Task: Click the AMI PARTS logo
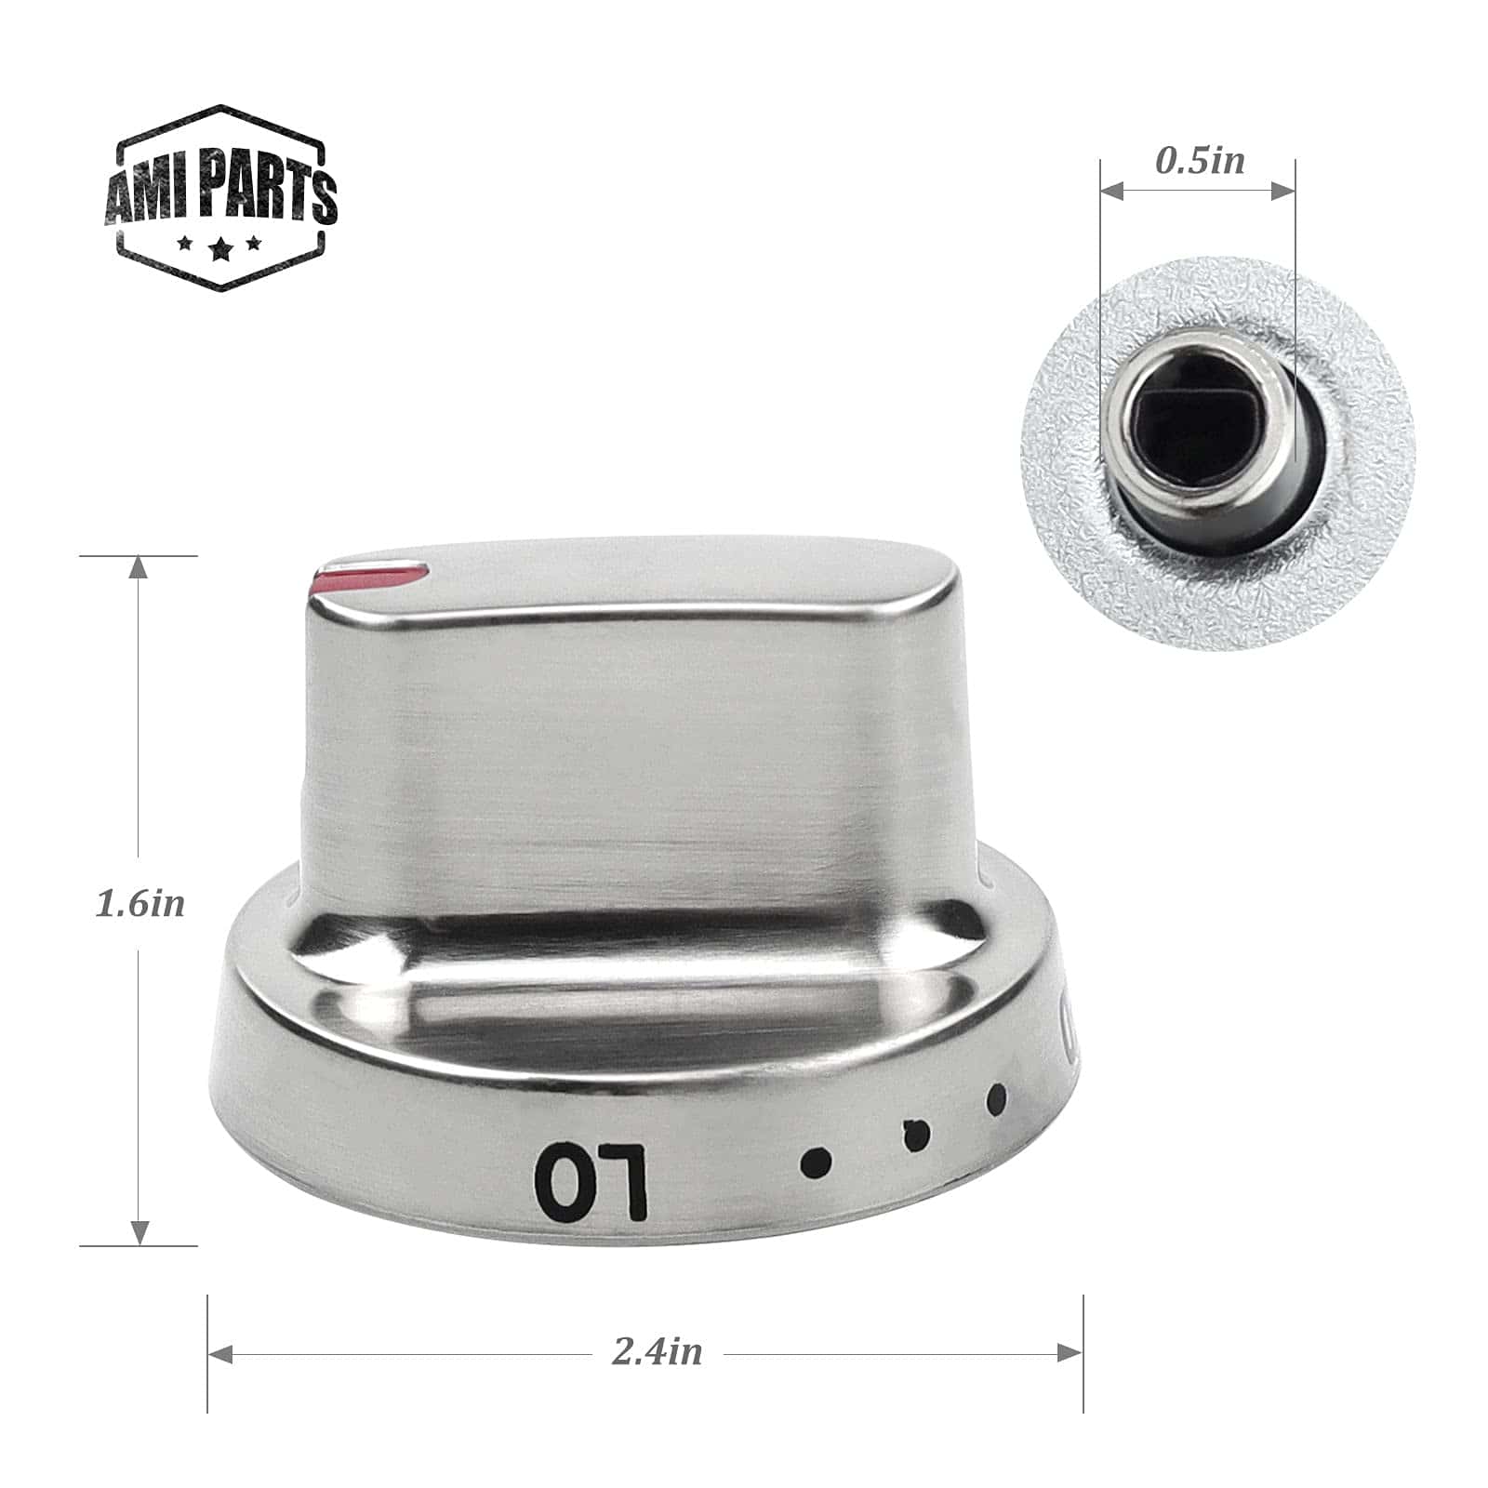point(220,197)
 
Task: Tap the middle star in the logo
point(219,248)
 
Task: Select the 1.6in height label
point(140,903)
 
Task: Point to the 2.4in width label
point(657,1351)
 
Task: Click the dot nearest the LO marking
point(817,1161)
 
